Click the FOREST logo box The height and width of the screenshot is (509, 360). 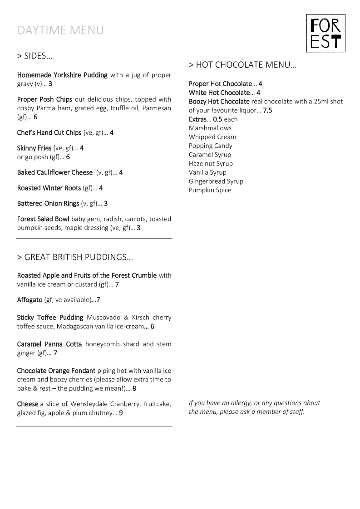pyautogui.click(x=325, y=33)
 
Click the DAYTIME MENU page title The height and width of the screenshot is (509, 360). pyautogui.click(x=60, y=30)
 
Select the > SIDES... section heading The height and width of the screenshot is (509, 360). pyautogui.click(x=35, y=56)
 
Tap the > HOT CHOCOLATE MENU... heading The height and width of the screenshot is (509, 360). pyautogui.click(x=243, y=65)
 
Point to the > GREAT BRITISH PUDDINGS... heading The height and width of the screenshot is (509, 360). pyautogui.click(x=75, y=257)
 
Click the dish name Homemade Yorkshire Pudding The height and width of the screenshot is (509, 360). pyautogui.click(x=62, y=75)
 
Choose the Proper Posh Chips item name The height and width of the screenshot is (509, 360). pyautogui.click(x=44, y=99)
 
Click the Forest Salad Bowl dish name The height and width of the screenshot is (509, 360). pyautogui.click(x=43, y=219)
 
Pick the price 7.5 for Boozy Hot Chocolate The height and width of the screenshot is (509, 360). pyautogui.click(x=267, y=110)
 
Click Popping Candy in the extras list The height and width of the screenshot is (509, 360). pyautogui.click(x=210, y=146)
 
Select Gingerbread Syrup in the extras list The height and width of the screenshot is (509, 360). pyautogui.click(x=216, y=181)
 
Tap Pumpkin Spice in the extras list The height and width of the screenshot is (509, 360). pyautogui.click(x=210, y=190)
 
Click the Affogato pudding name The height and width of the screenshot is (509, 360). pyautogui.click(x=30, y=300)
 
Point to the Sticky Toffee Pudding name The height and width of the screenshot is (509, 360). pyautogui.click(x=50, y=317)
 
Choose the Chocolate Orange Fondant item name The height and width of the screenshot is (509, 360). pyautogui.click(x=56, y=371)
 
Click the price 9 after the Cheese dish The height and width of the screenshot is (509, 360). pyautogui.click(x=121, y=413)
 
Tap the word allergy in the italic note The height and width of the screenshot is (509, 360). pyautogui.click(x=242, y=403)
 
